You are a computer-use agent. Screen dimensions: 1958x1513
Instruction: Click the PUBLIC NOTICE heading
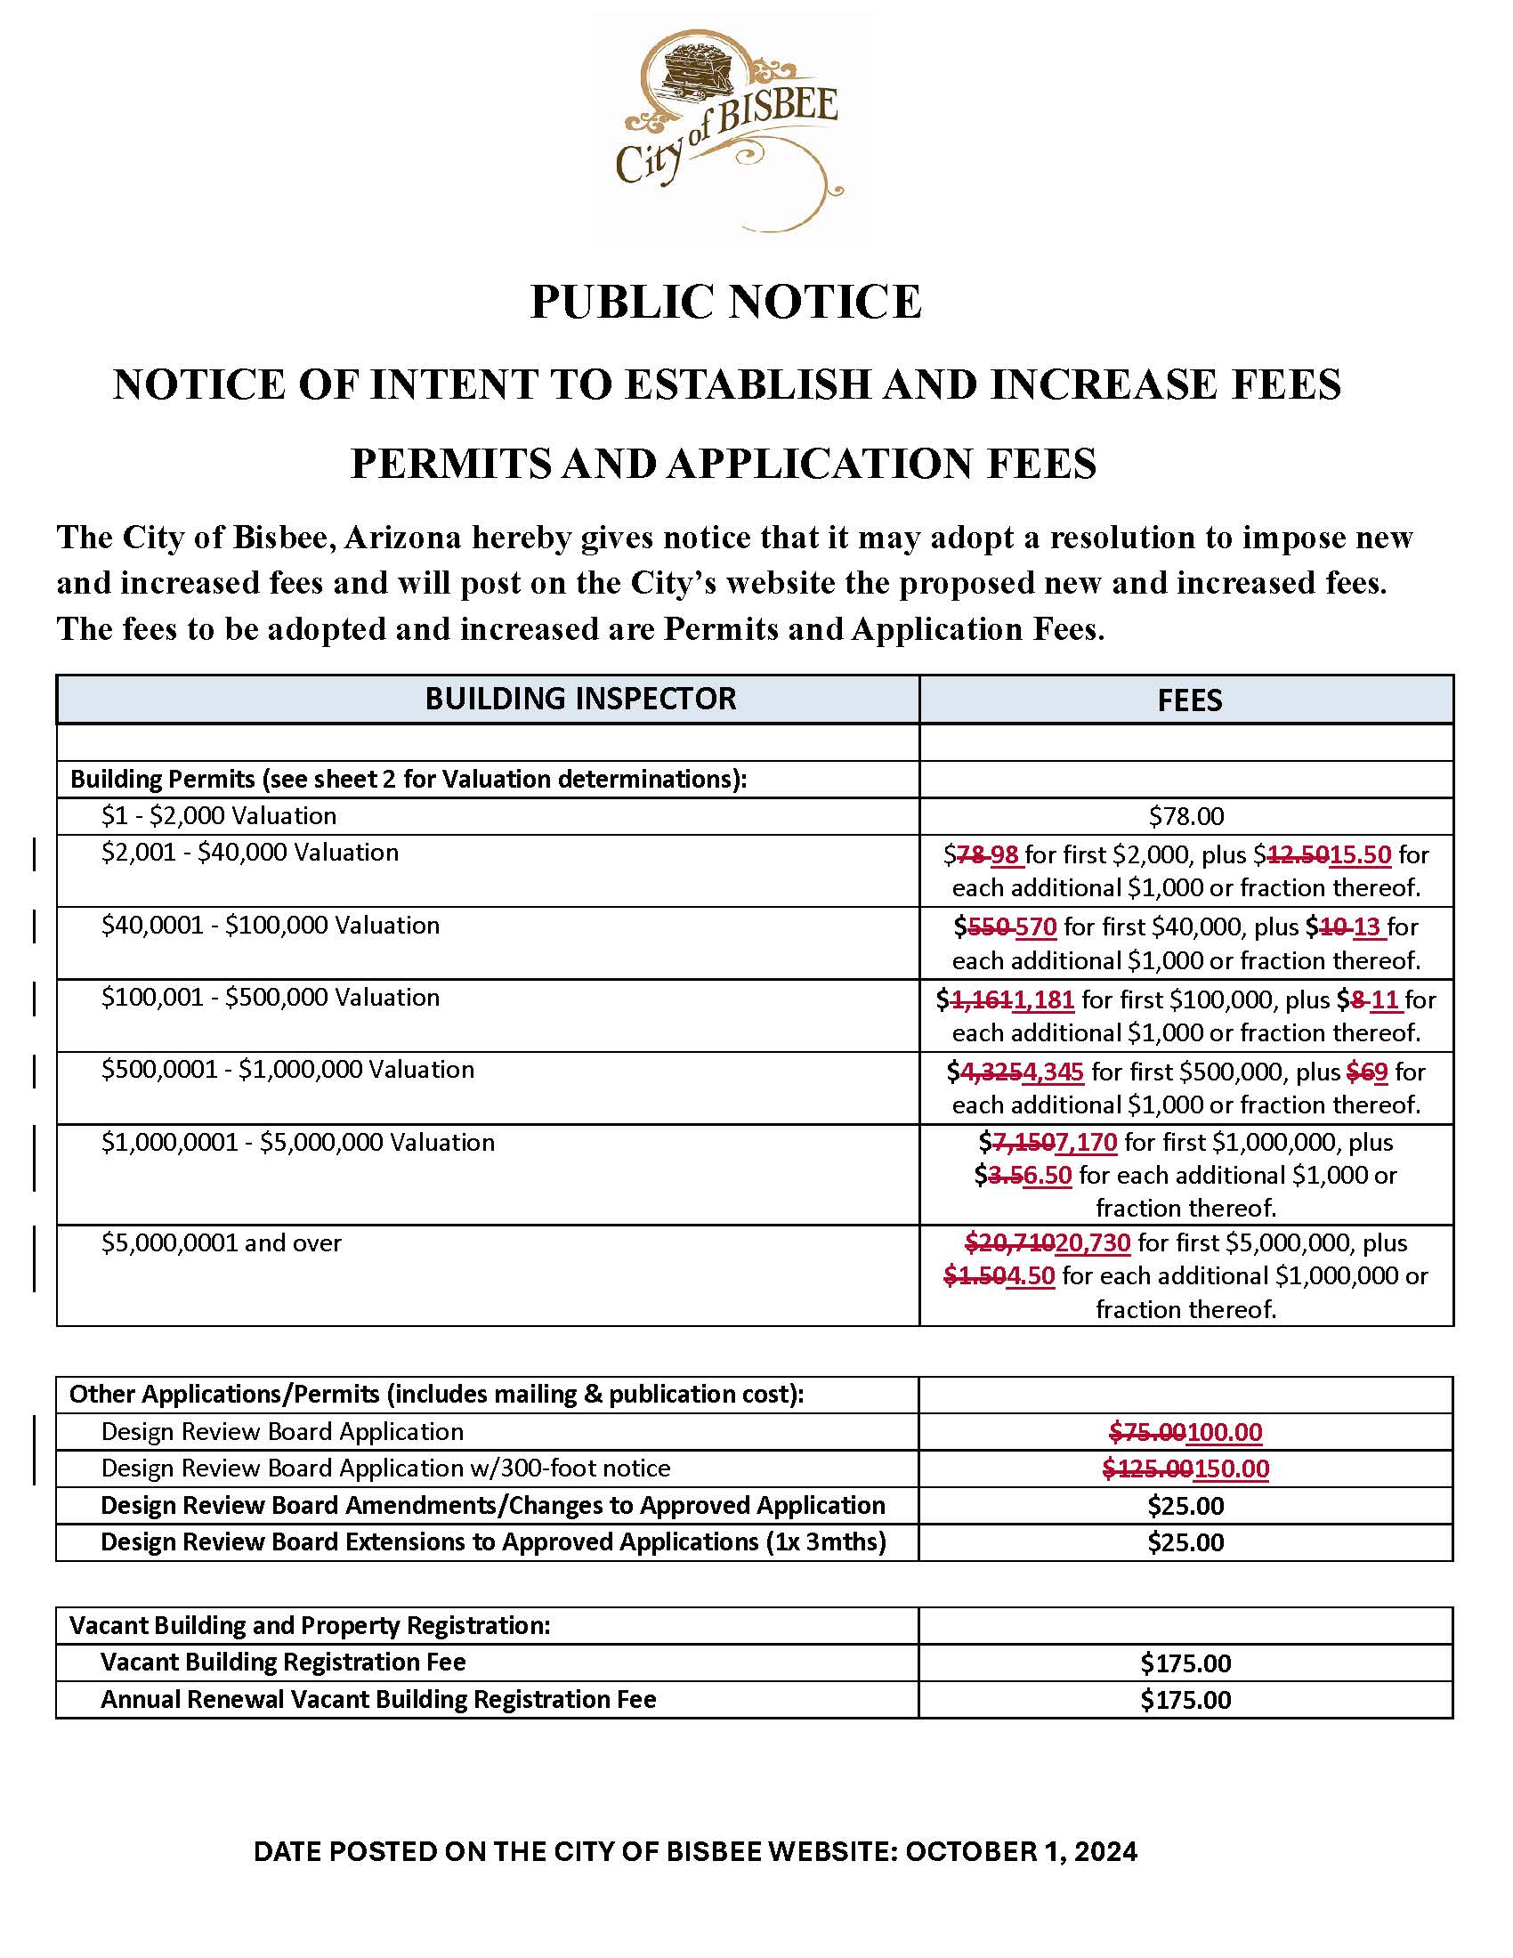pyautogui.click(x=725, y=301)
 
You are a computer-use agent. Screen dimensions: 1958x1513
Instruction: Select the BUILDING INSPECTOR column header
pyautogui.click(x=580, y=699)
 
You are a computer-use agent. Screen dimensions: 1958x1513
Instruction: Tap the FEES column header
pyautogui.click(x=1188, y=700)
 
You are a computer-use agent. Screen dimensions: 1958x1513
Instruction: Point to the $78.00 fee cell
pyautogui.click(x=1185, y=816)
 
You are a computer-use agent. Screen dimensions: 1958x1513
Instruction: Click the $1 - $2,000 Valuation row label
pyautogui.click(x=219, y=816)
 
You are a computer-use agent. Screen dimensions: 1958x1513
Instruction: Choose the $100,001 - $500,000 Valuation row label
pyautogui.click(x=270, y=997)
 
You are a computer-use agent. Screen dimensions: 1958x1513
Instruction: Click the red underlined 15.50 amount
pyautogui.click(x=1360, y=854)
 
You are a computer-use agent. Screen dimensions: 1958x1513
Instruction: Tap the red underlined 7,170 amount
pyautogui.click(x=1087, y=1142)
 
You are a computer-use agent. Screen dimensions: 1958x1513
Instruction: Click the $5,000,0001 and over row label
pyautogui.click(x=222, y=1242)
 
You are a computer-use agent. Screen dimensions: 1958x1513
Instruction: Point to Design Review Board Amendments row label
pyautogui.click(x=492, y=1505)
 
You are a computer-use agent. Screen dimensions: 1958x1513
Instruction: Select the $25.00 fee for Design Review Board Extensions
pyautogui.click(x=1185, y=1542)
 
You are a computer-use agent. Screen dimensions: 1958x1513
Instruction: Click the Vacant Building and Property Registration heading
pyautogui.click(x=310, y=1625)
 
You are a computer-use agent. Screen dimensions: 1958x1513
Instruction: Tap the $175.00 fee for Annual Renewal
pyautogui.click(x=1185, y=1700)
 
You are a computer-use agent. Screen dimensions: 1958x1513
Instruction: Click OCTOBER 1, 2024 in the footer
pyautogui.click(x=1021, y=1852)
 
